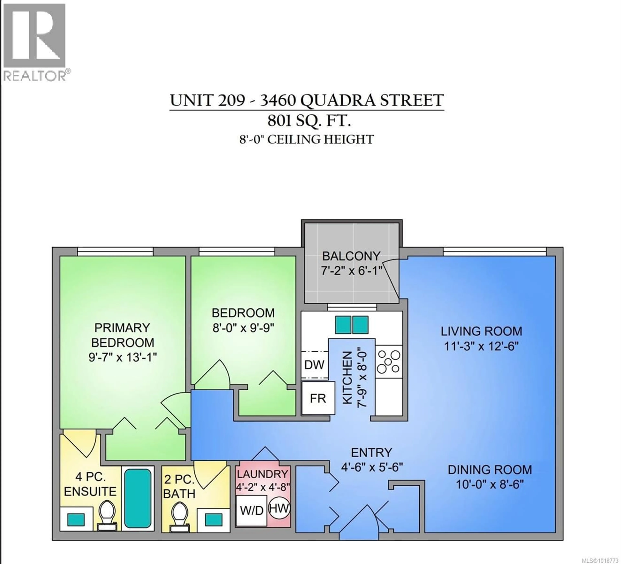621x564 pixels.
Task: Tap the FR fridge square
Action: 318,398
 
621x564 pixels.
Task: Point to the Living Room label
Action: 481,331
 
